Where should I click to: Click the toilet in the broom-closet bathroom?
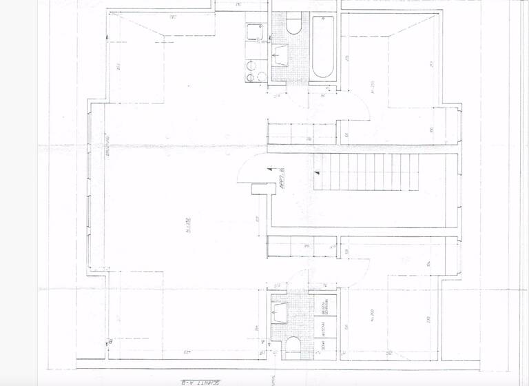(291, 344)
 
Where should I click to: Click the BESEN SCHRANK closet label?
(324, 306)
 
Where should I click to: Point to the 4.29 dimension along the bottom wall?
(187, 353)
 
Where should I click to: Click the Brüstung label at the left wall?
(108, 149)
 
